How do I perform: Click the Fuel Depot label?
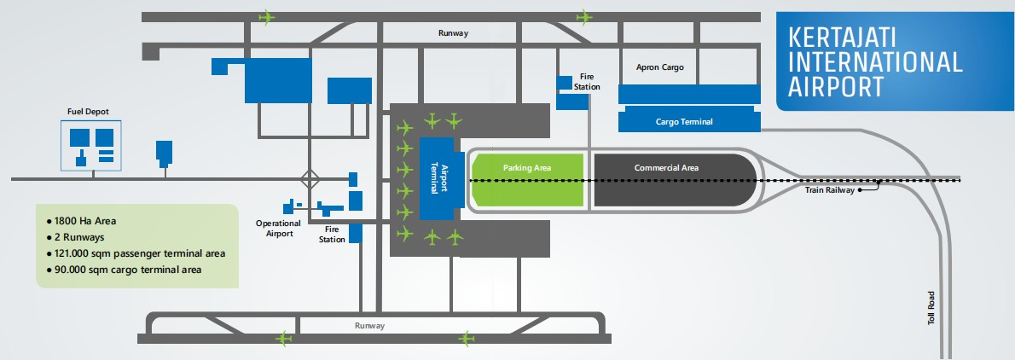pyautogui.click(x=89, y=112)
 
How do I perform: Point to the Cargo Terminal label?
pyautogui.click(x=684, y=122)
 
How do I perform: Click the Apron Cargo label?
pyautogui.click(x=661, y=67)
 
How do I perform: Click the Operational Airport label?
pyautogui.click(x=278, y=228)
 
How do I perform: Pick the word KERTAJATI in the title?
pyautogui.click(x=848, y=38)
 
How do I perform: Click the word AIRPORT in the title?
pyautogui.click(x=836, y=86)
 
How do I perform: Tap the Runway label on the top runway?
pyautogui.click(x=454, y=33)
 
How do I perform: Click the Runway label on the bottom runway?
pyautogui.click(x=370, y=326)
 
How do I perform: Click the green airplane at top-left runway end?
pyautogui.click(x=268, y=16)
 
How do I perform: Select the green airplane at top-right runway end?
pyautogui.click(x=584, y=16)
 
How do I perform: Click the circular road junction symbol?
pyautogui.click(x=310, y=179)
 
